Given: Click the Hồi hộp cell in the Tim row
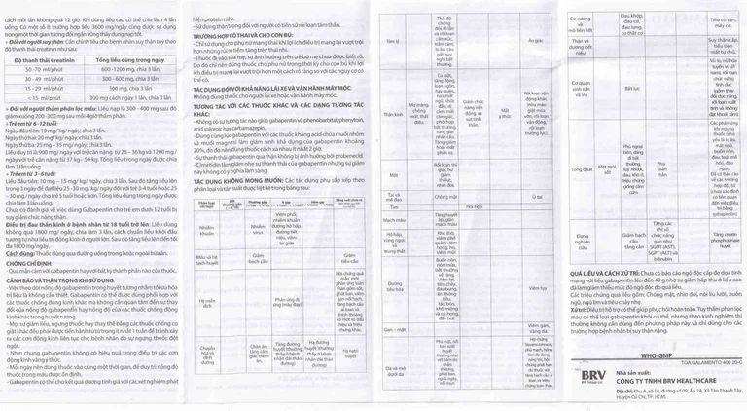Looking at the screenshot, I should point(473,207).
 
